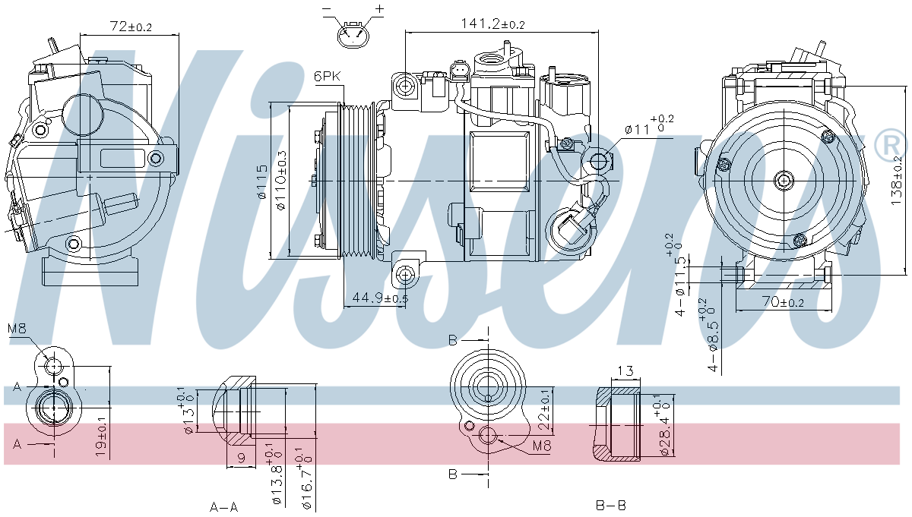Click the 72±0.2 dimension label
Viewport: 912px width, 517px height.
point(131,27)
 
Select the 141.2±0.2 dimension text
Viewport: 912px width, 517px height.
point(492,24)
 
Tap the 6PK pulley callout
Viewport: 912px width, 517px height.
point(327,76)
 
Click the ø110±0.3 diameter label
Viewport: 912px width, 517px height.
point(281,181)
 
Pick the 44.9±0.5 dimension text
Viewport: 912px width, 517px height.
point(380,298)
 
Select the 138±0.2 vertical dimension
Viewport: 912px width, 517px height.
point(896,180)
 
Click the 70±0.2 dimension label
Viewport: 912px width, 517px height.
point(783,302)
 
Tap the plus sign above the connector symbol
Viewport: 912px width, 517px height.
point(379,8)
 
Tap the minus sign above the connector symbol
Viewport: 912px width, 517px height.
point(328,8)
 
